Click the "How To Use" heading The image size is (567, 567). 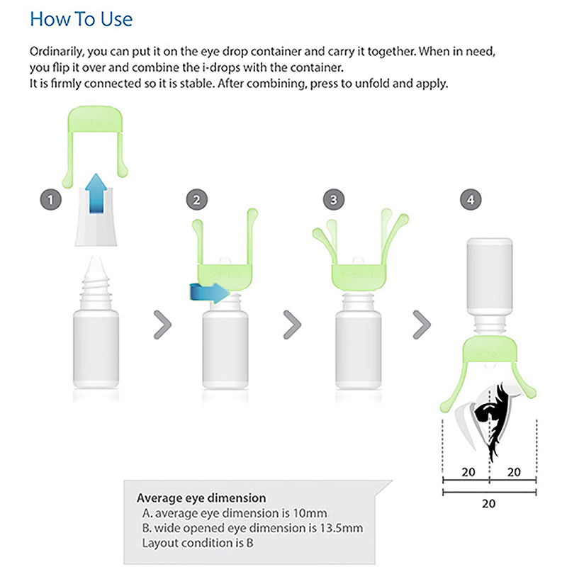coord(82,19)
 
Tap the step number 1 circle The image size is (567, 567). coord(50,200)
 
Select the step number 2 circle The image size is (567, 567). coord(197,200)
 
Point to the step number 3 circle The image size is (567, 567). coord(333,200)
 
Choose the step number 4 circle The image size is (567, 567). coord(471,200)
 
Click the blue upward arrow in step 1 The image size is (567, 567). coord(96,193)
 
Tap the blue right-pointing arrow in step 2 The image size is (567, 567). coord(210,292)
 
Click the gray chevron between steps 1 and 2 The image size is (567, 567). coord(163,325)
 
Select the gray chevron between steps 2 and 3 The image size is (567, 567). coord(292,325)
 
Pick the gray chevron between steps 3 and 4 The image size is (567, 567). coord(422,325)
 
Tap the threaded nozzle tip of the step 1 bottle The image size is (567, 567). coord(96,275)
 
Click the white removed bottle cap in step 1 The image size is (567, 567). coord(96,216)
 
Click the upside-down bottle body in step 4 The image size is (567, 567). coord(490,276)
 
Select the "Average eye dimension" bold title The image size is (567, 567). coord(201,498)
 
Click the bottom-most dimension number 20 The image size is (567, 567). coord(488,504)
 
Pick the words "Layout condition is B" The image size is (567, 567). coord(198,543)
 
